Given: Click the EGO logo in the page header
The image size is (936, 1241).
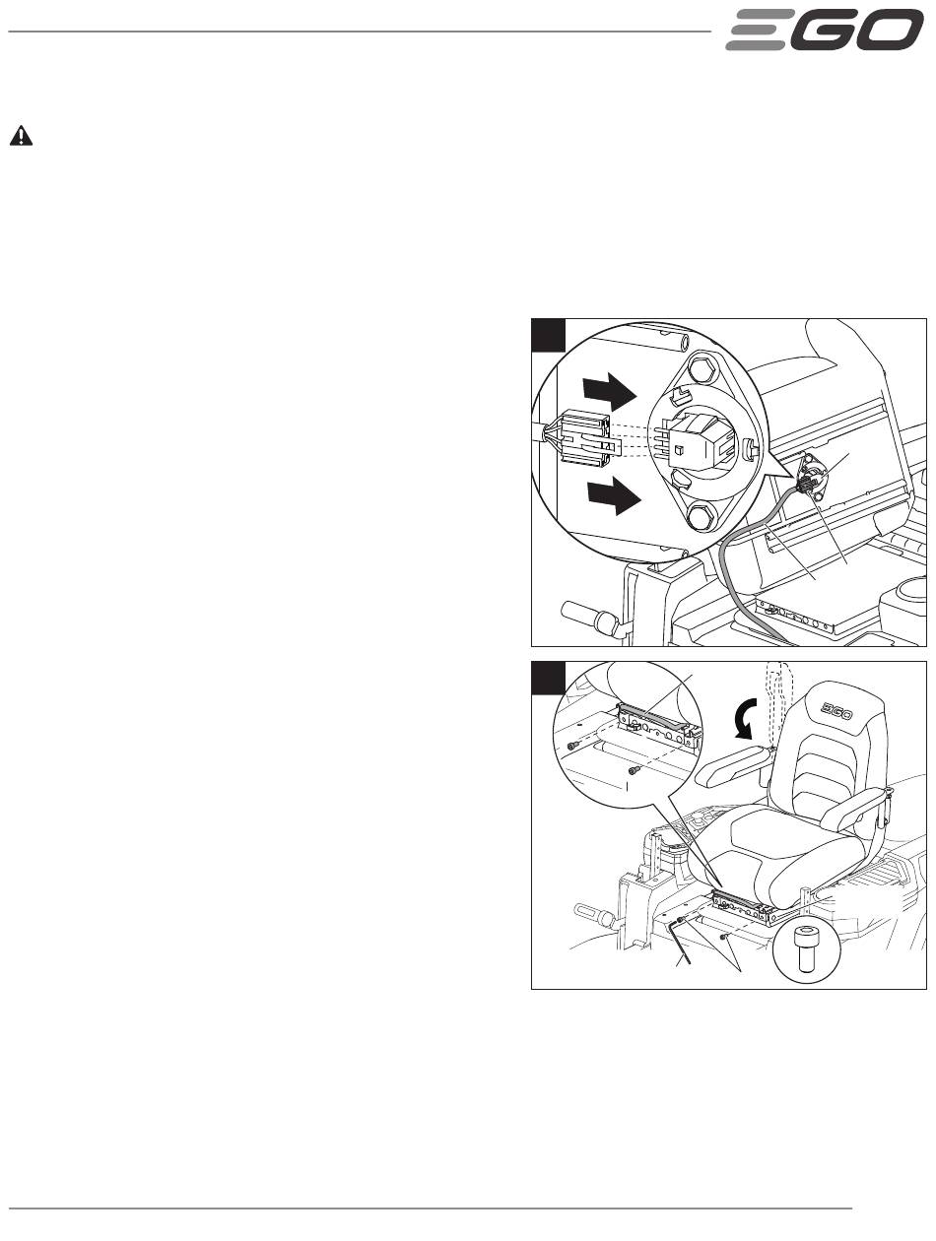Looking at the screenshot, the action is tap(824, 30).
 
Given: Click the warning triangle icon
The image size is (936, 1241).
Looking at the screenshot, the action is tap(21, 136).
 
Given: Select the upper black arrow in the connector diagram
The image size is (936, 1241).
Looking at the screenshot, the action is tap(610, 391).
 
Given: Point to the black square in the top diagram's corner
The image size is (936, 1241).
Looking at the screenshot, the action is tap(548, 335).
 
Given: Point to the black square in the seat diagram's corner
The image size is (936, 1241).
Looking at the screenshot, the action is tap(548, 678).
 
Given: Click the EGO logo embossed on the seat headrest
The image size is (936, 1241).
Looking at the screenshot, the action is tap(836, 711).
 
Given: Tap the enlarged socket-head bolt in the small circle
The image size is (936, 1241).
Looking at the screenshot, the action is tap(806, 948).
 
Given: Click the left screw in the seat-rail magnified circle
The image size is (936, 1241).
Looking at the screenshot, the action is tap(572, 747).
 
